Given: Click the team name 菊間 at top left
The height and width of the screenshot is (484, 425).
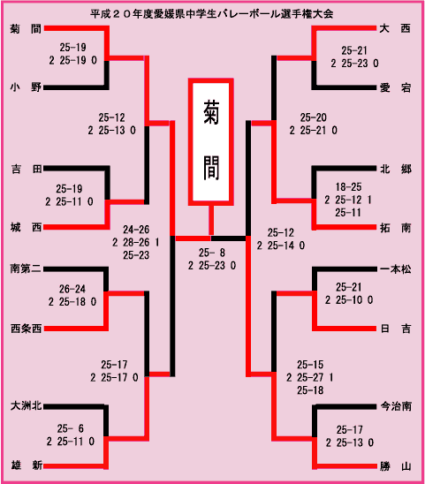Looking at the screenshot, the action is coord(26,29).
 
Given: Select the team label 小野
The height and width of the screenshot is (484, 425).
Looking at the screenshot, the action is coord(26,87).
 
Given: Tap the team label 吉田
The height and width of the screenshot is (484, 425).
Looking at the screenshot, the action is coord(27,169).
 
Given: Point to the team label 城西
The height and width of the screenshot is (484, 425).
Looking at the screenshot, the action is coord(26,228).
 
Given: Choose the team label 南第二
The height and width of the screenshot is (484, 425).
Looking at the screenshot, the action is coord(26,268).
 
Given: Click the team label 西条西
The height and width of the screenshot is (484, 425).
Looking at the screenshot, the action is coord(26,329).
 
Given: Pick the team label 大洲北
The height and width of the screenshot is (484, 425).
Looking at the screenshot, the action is coord(27,406).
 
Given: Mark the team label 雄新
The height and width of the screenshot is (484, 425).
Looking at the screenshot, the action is coord(27,465).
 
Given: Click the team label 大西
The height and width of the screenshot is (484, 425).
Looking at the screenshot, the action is coord(395,29).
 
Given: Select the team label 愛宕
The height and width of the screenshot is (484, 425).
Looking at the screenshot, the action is coord(395,88).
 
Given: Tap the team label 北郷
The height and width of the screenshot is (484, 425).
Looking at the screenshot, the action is coord(396,169).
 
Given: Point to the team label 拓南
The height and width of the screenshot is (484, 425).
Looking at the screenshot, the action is coord(395,228).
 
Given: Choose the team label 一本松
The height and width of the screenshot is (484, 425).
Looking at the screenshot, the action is coord(396,269).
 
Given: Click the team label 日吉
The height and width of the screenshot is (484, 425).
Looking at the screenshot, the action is coord(396,329).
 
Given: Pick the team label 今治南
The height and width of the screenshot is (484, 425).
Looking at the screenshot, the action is coord(396,406).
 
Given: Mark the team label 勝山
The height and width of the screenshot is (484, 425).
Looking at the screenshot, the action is coord(396,466).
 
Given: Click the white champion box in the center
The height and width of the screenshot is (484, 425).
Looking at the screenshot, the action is coord(211,142).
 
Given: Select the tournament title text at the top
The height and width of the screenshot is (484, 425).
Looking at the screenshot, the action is coord(212,14).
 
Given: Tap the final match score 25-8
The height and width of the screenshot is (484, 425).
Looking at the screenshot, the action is coord(212,253).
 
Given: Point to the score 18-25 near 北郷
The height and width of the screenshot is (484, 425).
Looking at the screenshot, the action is coord(348,187).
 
